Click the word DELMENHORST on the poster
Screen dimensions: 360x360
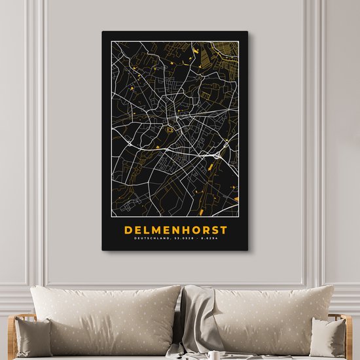point(175,230)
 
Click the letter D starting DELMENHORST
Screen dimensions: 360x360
point(127,230)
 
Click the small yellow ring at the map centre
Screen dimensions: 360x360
point(170,130)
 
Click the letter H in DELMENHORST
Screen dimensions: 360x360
point(184,230)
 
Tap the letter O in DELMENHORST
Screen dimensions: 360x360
point(194,230)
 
